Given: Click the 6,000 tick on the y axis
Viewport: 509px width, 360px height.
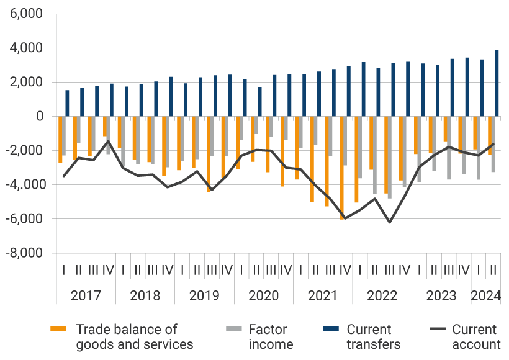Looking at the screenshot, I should tap(26, 14).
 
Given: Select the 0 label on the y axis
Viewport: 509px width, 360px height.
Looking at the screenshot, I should tap(40, 117).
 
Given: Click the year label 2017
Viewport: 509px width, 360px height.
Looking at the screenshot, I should tap(86, 295).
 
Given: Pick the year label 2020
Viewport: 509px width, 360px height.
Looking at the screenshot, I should tap(263, 295).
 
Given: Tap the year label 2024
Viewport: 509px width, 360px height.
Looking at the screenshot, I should tap(485, 295).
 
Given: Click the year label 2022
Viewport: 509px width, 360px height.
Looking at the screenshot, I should tap(382, 295).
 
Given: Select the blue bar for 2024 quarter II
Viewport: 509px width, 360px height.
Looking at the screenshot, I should tap(496, 84).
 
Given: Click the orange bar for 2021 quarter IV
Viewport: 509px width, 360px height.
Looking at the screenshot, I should tap(341, 168).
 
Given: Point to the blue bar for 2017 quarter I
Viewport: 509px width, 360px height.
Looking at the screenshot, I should tap(67, 104).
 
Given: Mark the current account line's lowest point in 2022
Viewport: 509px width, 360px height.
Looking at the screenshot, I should tap(389, 222).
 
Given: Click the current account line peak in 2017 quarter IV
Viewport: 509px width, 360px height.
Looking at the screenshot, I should tap(108, 141).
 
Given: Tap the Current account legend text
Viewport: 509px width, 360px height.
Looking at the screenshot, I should tap(475, 336).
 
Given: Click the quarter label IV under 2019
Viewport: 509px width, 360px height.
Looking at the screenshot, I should tap(226, 271).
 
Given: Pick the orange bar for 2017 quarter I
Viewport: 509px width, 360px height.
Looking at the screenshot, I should tap(60, 140).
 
